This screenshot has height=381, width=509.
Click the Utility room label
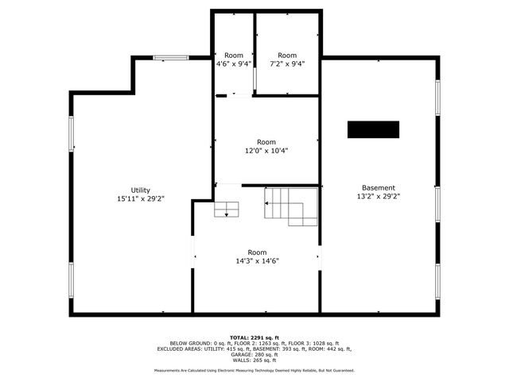pyautogui.click(x=141, y=190)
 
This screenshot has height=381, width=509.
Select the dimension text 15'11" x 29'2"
pyautogui.click(x=141, y=198)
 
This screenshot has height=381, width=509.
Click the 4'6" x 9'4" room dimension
pyautogui.click(x=234, y=63)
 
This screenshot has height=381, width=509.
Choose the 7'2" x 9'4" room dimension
pyautogui.click(x=286, y=63)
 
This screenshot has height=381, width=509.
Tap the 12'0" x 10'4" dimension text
pyautogui.click(x=266, y=150)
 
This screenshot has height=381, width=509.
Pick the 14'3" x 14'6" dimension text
pyautogui.click(x=257, y=260)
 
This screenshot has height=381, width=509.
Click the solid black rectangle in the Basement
pyautogui.click(x=373, y=129)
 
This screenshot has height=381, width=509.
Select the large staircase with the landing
pyautogui.click(x=290, y=206)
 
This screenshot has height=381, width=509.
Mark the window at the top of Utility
pyautogui.click(x=170, y=57)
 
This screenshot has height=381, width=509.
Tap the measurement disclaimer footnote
pyautogui.click(x=254, y=370)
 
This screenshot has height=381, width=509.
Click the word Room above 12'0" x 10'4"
pyautogui.click(x=266, y=141)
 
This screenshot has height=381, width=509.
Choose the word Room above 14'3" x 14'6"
pyautogui.click(x=257, y=252)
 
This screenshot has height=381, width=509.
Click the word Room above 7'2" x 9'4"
pyautogui.click(x=286, y=55)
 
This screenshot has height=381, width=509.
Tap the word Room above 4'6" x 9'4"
pyautogui.click(x=234, y=55)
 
